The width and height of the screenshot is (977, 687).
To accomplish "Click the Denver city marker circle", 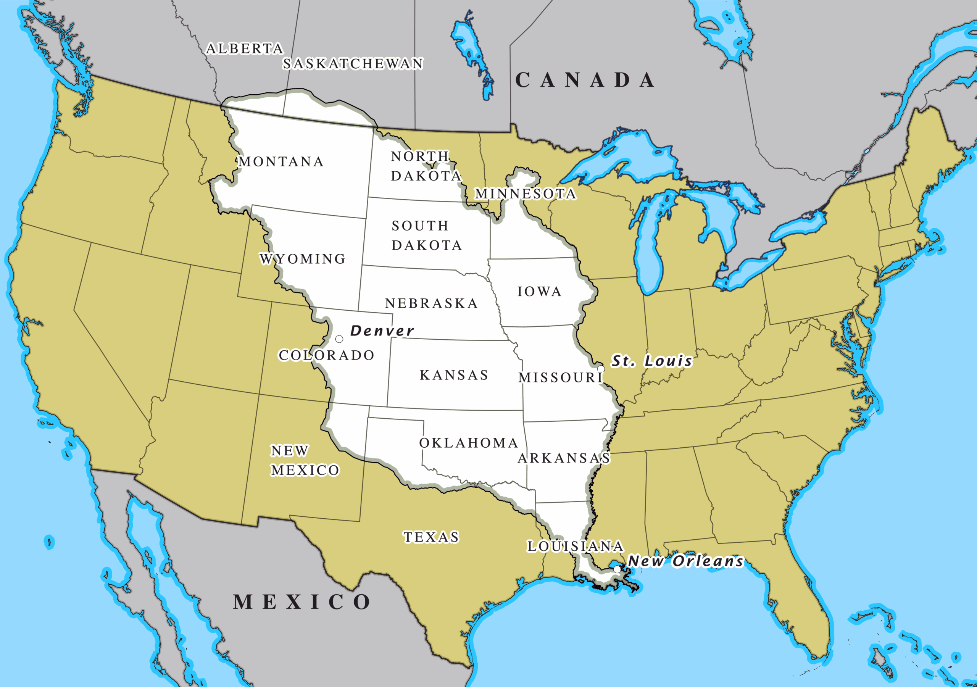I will tap(339, 339).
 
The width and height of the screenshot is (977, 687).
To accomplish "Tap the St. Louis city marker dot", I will tap(600, 369).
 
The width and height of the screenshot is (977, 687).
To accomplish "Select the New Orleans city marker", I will tap(617, 569).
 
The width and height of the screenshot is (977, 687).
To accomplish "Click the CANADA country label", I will tap(585, 80).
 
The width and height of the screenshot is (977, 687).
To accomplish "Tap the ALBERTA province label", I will tap(245, 49).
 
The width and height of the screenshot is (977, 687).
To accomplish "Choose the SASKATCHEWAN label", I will tap(353, 64).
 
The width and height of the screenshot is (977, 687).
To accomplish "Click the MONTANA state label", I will tap(281, 162).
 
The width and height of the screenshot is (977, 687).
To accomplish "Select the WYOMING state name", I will tap(303, 259).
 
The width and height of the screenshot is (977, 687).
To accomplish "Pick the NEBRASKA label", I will tap(432, 303).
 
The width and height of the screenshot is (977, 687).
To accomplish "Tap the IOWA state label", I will tap(539, 292).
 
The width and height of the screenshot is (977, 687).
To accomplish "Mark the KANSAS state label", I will tap(454, 375).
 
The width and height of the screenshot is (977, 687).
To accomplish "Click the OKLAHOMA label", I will tap(469, 443).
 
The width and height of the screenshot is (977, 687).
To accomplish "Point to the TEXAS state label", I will tap(432, 537).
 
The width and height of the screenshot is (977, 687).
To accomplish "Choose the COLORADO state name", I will tap(326, 355).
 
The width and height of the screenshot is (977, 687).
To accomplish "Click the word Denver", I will tap(382, 331).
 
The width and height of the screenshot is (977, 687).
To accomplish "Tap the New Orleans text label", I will tap(685, 561).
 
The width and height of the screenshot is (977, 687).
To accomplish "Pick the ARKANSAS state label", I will tap(564, 458).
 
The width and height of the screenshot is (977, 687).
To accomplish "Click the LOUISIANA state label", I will tap(575, 546).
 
